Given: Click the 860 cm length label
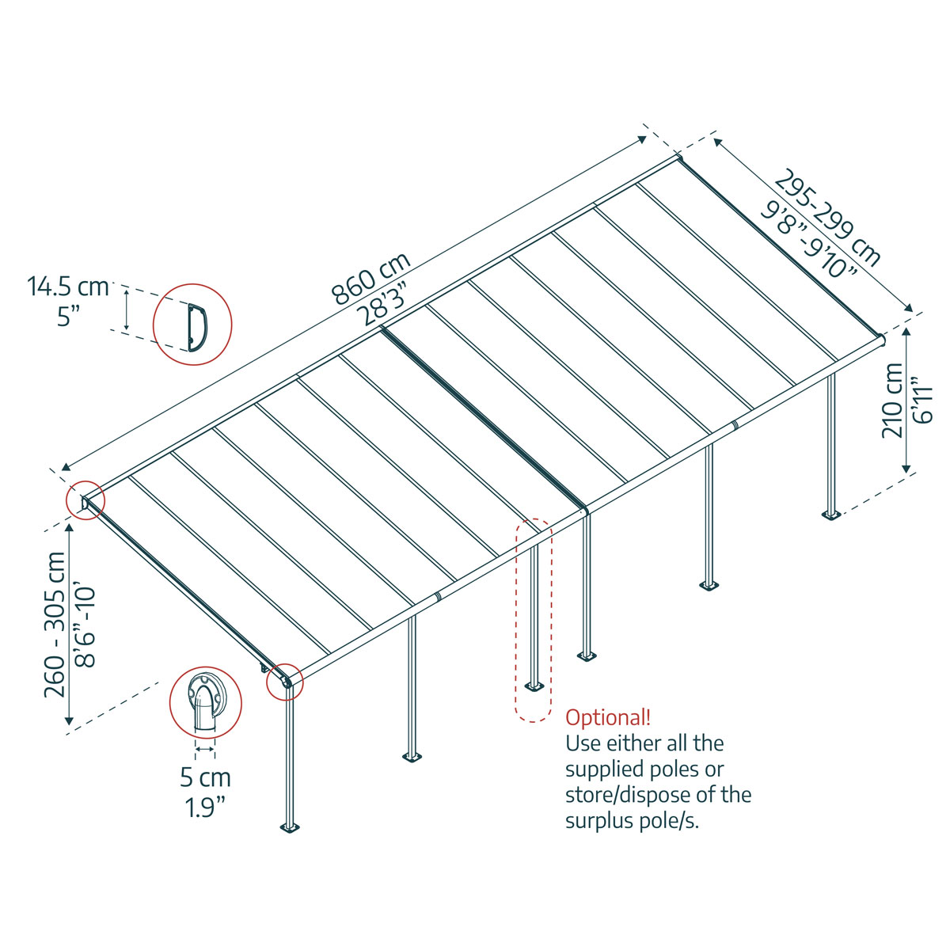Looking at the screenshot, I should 370,279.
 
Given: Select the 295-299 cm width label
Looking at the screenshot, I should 828,216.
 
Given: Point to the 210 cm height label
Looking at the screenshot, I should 892,400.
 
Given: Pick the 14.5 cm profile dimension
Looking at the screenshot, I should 68,286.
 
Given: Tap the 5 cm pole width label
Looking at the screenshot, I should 205,777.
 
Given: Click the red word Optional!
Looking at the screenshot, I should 608,718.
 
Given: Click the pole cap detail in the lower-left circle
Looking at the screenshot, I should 205,701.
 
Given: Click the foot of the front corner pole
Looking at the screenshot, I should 291,828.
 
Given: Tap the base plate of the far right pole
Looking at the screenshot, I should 831,515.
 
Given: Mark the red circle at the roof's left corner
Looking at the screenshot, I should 85,500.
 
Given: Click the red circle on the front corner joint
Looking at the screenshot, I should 284,681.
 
